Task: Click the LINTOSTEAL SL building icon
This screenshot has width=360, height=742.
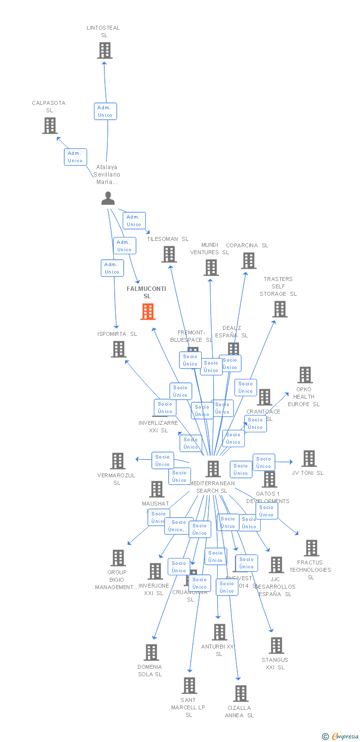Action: point(104,50)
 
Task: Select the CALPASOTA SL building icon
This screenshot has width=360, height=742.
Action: point(50,126)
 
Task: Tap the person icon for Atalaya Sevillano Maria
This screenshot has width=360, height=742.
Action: point(108,198)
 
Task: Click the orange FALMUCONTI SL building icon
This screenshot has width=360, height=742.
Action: point(147,312)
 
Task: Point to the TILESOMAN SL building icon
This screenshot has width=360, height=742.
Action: point(169,254)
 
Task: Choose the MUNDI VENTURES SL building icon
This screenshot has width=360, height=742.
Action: point(211,268)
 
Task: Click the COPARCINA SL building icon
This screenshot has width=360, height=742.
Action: point(248,261)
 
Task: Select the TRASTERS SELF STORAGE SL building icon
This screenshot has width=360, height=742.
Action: point(280,309)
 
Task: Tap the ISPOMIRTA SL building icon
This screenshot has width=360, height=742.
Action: point(119,349)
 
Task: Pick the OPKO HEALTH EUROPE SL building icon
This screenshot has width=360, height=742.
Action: point(305,375)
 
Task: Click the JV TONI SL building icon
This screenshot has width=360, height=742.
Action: point(309,459)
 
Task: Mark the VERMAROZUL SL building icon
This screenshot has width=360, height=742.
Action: point(118,461)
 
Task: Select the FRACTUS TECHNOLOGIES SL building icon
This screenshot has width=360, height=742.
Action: point(312,548)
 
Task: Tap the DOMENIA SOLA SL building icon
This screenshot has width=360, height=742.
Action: point(151,652)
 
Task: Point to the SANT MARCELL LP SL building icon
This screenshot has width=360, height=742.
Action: point(189,686)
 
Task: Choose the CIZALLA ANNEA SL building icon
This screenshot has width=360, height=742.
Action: point(241,694)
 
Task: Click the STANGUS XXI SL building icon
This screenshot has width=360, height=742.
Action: point(276,646)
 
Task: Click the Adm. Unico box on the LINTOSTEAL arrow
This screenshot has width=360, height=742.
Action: point(105,111)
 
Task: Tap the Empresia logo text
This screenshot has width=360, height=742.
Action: point(345,737)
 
